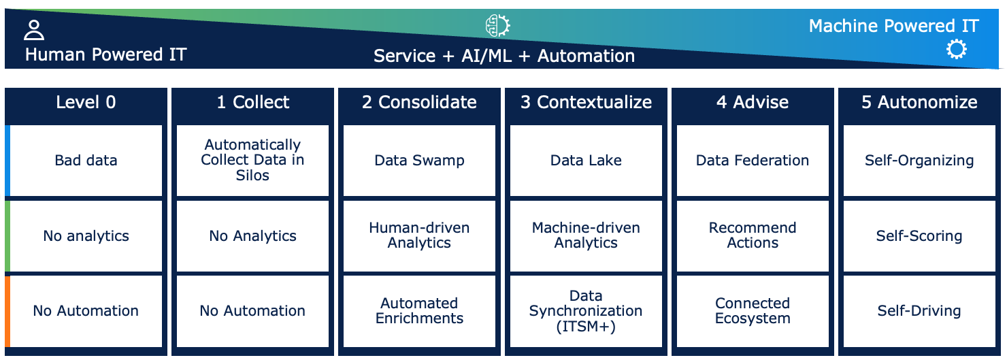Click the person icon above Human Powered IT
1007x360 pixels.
[34, 30]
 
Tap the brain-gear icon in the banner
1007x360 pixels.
[497, 25]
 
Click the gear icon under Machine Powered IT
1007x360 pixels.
[956, 50]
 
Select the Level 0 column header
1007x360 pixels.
[86, 103]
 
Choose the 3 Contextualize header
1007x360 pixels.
[586, 103]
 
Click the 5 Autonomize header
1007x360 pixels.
[919, 103]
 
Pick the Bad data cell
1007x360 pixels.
[86, 161]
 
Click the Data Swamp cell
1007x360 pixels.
[419, 161]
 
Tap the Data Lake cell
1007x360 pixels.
[586, 161]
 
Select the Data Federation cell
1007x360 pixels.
[753, 161]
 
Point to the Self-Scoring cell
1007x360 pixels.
[919, 236]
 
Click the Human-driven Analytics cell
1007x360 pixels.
[419, 236]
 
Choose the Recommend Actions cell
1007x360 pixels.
[753, 236]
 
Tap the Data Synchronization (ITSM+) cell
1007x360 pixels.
[586, 311]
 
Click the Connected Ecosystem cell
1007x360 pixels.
[753, 311]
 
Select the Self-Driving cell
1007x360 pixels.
[919, 311]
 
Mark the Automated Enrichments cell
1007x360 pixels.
[419, 311]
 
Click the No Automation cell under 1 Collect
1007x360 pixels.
[252, 311]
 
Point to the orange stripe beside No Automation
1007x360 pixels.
[7, 312]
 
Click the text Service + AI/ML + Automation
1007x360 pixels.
[504, 56]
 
